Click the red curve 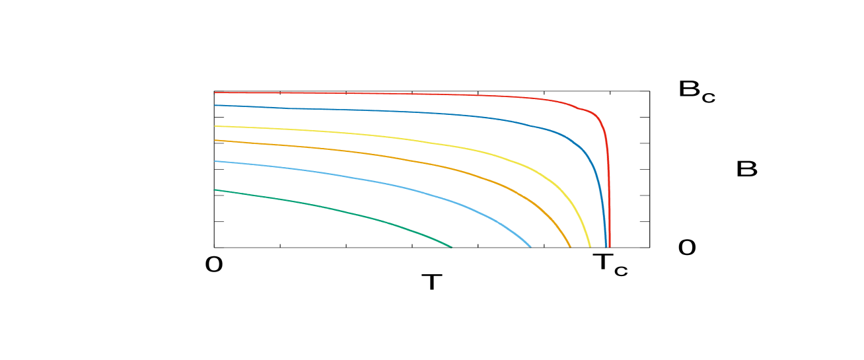(396, 94)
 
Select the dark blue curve (396, 112)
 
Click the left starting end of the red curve (215, 92)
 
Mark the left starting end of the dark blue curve (215, 105)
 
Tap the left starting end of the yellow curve (215, 126)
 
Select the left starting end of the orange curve (215, 140)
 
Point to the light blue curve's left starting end (215, 161)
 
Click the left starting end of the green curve (214, 190)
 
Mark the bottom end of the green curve (452, 247)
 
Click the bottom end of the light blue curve (530, 247)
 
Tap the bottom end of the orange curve (570, 247)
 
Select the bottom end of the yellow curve (590, 247)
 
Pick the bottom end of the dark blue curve (606, 247)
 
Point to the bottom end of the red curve (610, 247)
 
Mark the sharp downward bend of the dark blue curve (584, 149)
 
